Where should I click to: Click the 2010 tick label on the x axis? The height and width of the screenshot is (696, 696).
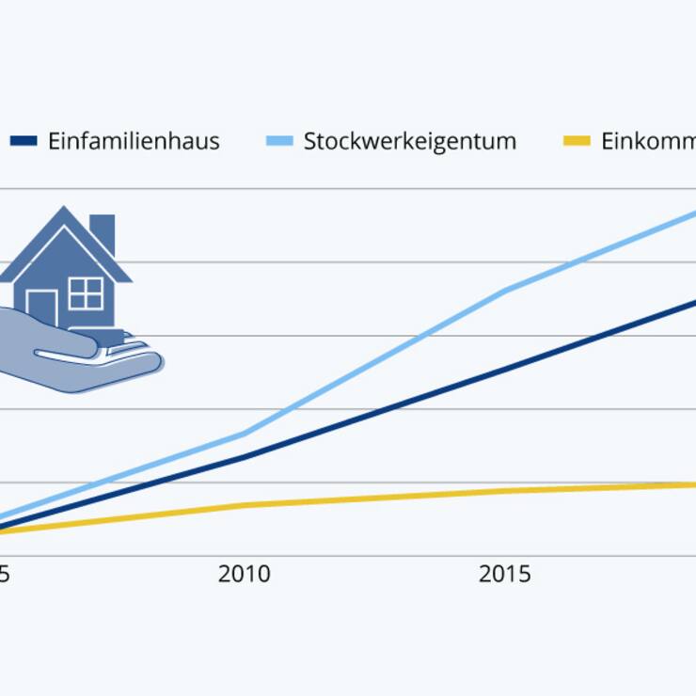pyautogui.click(x=245, y=574)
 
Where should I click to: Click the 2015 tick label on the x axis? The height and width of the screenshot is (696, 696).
pyautogui.click(x=505, y=574)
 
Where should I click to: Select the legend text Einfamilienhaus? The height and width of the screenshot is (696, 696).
pyautogui.click(x=134, y=141)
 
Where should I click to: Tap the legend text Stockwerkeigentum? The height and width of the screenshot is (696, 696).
pyautogui.click(x=409, y=141)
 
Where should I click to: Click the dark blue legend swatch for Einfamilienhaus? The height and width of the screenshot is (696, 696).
pyautogui.click(x=24, y=141)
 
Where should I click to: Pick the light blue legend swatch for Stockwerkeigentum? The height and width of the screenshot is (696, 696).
pyautogui.click(x=279, y=141)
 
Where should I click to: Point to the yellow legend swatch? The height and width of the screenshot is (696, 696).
pyautogui.click(x=577, y=141)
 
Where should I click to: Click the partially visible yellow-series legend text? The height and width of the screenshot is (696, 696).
pyautogui.click(x=648, y=141)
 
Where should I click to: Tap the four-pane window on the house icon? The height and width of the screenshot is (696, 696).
pyautogui.click(x=86, y=293)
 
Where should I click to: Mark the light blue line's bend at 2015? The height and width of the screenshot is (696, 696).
pyautogui.click(x=505, y=291)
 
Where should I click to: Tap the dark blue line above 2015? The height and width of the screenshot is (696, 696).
pyautogui.click(x=505, y=370)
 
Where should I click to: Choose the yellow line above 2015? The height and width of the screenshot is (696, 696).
pyautogui.click(x=505, y=491)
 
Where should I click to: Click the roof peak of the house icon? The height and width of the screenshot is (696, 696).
pyautogui.click(x=64, y=210)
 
